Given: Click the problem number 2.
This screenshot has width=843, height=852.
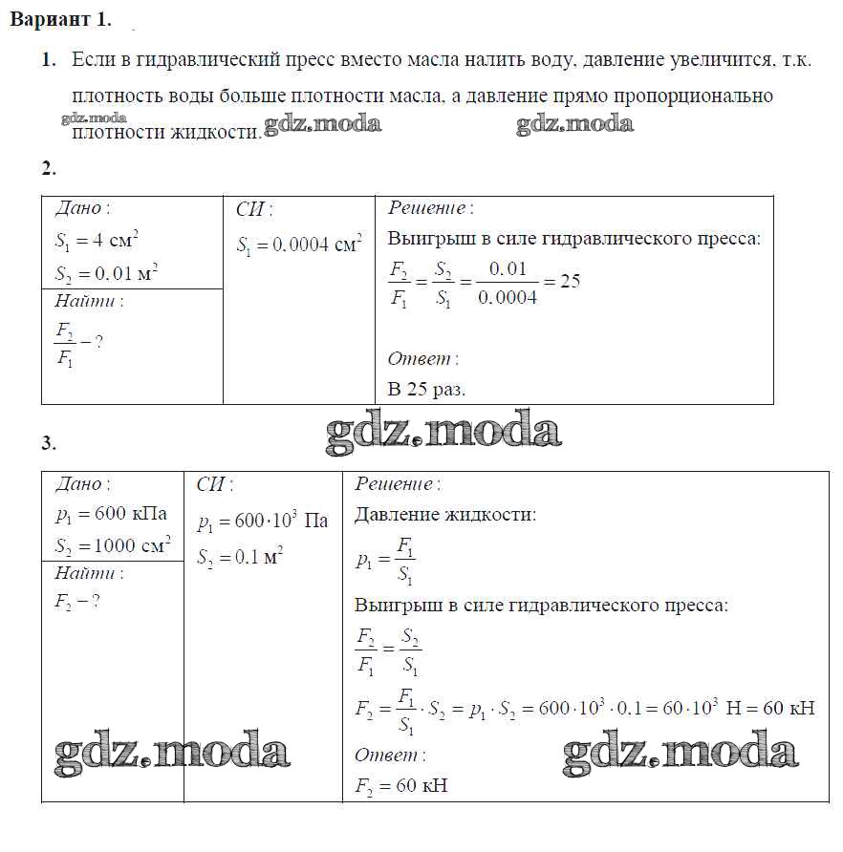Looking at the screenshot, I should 49,169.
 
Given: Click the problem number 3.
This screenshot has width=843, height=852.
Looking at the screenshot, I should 49,442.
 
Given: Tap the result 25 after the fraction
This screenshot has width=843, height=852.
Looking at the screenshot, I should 570,281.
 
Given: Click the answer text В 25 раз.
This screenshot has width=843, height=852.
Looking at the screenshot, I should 426,389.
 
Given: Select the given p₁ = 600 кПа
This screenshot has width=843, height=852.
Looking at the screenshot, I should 111,515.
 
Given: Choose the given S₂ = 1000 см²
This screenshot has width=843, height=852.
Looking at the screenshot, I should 113,547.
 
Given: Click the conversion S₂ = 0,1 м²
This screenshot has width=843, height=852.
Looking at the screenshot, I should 240,557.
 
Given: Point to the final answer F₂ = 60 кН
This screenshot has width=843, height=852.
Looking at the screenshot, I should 400,786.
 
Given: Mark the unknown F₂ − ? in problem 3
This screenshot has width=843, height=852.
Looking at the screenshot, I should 77,601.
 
